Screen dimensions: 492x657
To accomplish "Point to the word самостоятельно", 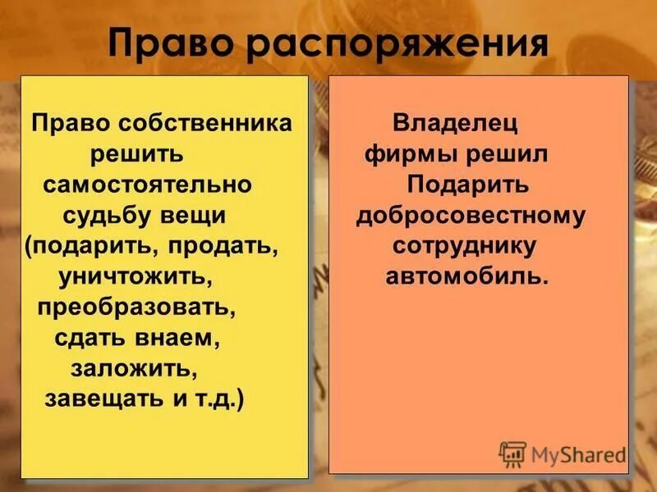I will [x=148, y=184].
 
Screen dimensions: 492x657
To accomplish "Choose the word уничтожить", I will [x=136, y=276].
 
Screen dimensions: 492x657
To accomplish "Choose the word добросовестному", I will [x=471, y=216].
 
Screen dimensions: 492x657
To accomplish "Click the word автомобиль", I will [x=466, y=276].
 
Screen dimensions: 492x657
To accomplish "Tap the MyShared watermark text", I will [x=579, y=453].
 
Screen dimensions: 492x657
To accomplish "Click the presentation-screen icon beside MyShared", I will [x=512, y=453].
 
